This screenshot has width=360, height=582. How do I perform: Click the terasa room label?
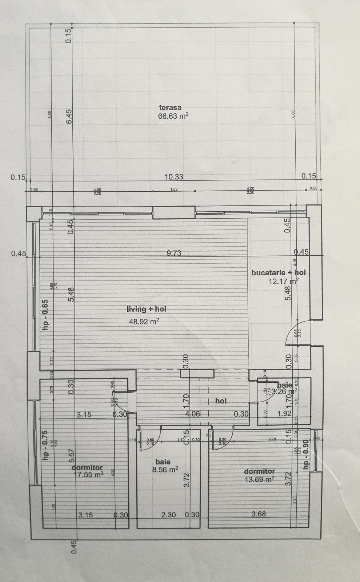[170, 107]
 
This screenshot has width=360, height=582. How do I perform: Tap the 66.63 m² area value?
[173, 116]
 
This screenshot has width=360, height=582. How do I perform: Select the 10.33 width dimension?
[174, 177]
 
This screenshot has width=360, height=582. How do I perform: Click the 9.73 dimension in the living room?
[174, 253]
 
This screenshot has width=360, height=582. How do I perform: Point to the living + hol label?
[146, 309]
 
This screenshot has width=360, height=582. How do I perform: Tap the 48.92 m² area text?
[144, 321]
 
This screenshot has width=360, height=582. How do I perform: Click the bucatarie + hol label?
[279, 272]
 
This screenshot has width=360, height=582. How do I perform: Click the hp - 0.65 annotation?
[45, 314]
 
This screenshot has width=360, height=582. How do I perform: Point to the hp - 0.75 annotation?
[45, 446]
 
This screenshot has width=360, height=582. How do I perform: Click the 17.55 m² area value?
[89, 474]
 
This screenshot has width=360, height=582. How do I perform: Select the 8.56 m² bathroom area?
[165, 469]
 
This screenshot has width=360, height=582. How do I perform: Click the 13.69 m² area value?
[259, 479]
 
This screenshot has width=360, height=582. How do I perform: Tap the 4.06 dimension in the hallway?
[193, 414]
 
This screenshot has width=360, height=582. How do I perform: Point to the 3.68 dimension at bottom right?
[259, 514]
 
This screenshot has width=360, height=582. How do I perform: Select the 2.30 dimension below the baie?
[169, 514]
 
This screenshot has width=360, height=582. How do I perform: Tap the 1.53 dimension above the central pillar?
[174, 190]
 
